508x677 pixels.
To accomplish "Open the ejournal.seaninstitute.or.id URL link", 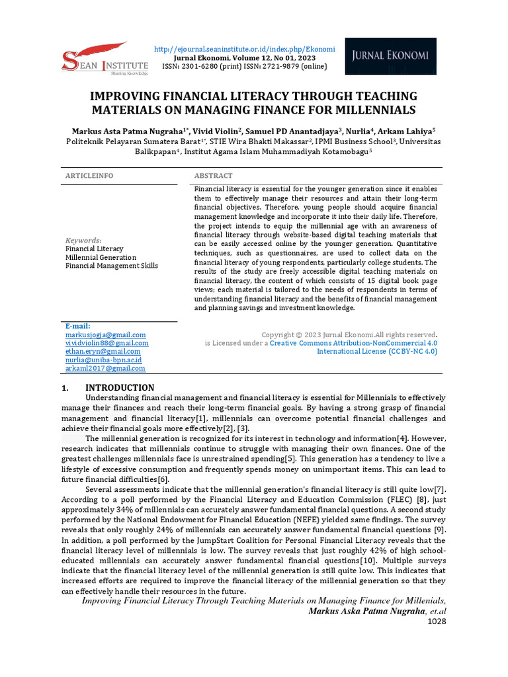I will click(244, 49).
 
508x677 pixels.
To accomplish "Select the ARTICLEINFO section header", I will click(89, 175).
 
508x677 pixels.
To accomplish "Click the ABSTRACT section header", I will click(213, 175).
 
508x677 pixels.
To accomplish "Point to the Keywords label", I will click(83, 240).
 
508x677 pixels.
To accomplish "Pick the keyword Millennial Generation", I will click(101, 257).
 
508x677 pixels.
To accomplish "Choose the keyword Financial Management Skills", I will click(111, 266).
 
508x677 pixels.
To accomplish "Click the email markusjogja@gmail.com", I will click(105, 335).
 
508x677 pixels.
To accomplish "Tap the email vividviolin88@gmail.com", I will click(106, 343).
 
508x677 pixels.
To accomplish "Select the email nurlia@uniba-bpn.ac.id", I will click(103, 360).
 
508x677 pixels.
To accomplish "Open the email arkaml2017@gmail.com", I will click(105, 368).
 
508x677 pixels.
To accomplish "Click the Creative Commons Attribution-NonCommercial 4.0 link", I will click(353, 343).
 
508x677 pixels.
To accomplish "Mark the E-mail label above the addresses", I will click(77, 326).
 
